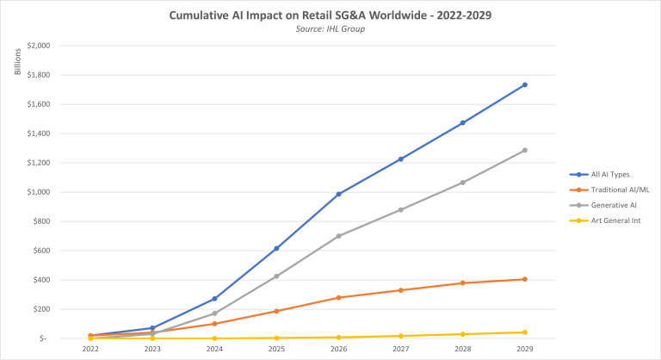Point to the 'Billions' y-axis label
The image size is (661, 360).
(x=17, y=64)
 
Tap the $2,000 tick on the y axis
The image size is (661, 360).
(x=38, y=46)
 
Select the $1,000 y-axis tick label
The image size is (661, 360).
(x=38, y=192)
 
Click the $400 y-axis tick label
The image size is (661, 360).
(x=40, y=280)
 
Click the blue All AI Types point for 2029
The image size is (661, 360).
(x=524, y=84)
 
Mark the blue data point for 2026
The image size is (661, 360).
(x=338, y=194)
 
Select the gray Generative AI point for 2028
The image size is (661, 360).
(x=462, y=183)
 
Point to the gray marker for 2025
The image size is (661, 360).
(x=276, y=276)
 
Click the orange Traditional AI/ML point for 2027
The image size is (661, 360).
(x=400, y=290)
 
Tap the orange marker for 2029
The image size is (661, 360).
(x=524, y=279)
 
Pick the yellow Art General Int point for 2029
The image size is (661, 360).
(x=524, y=332)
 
